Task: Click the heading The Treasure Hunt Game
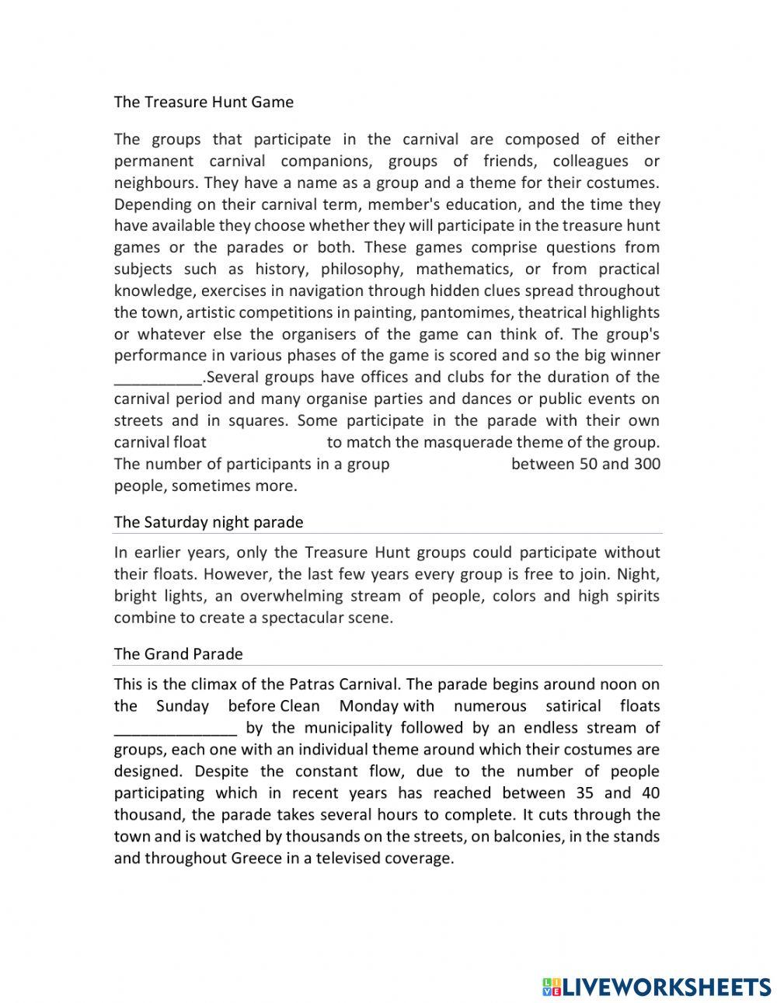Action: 204,102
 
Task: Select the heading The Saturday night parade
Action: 208,522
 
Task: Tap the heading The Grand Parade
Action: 178,654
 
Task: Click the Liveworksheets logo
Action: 656,987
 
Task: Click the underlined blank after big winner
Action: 158,378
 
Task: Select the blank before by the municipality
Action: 176,729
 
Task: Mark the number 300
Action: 647,465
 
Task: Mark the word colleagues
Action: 591,162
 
